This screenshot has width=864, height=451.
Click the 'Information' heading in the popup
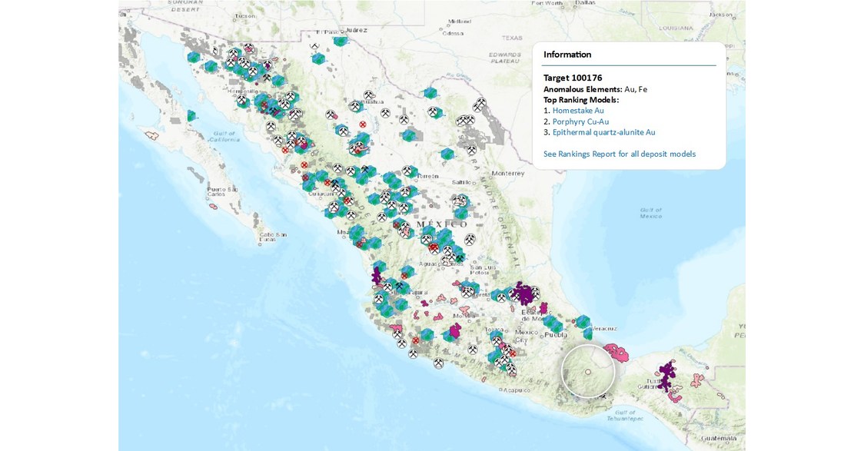567,55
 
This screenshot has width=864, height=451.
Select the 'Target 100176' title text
573,78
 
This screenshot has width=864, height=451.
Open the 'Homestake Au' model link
578,111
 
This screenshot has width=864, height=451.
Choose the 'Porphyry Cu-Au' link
580,121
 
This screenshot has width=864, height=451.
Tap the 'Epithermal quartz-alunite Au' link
603,132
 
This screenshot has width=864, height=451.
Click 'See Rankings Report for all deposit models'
619,154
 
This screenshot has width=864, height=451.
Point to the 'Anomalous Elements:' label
583,89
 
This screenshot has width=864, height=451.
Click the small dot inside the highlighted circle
588,372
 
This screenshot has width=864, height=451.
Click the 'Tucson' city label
245,15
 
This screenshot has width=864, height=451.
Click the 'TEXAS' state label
512,38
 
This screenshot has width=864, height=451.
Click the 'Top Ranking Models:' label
581,100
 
